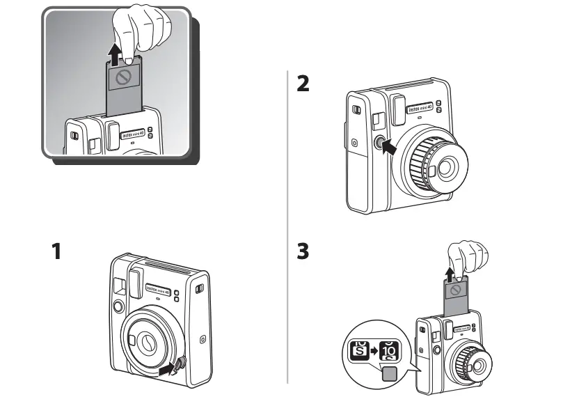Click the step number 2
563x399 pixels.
pyautogui.click(x=303, y=84)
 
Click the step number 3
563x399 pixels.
pyautogui.click(x=303, y=251)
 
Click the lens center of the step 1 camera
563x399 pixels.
pyautogui.click(x=147, y=341)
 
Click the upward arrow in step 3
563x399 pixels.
pyautogui.click(x=450, y=273)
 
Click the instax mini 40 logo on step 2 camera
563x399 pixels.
pyautogui.click(x=421, y=109)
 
